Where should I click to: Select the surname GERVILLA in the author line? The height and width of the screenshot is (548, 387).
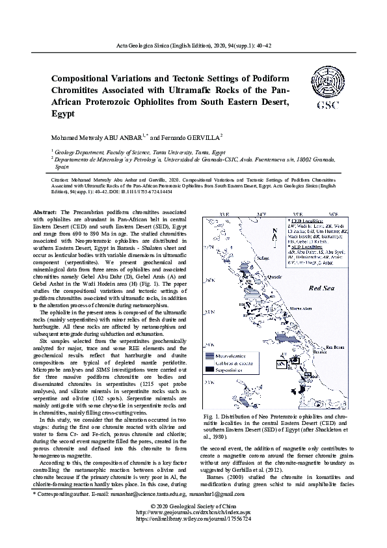[x=199, y=138]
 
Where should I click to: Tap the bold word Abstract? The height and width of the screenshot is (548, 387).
[x=45, y=213]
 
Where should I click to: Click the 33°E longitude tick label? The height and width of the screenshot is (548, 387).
[x=224, y=214]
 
